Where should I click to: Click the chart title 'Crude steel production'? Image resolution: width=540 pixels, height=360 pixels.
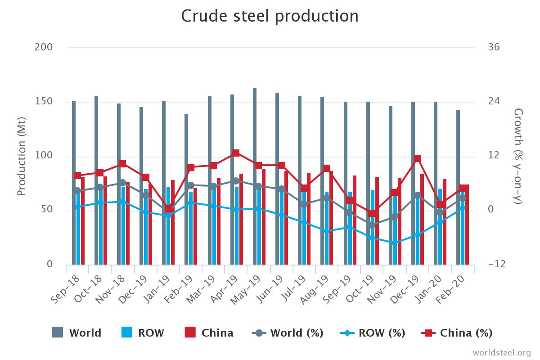click(270, 16)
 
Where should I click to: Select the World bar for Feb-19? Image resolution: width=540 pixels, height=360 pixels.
click(186, 189)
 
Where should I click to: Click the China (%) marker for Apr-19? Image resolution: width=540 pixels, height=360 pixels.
click(236, 153)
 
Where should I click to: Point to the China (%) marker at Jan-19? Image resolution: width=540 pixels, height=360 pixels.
click(168, 209)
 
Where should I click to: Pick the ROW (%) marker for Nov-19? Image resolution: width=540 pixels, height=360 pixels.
click(394, 243)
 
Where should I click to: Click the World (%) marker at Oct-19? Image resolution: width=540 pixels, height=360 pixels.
click(372, 225)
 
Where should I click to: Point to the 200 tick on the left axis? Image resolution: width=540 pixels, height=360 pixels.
click(44, 47)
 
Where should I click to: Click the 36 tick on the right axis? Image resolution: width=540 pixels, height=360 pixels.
click(494, 47)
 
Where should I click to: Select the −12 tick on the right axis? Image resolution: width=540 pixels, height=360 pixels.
click(496, 264)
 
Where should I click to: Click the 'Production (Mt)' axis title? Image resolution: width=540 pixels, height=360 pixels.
click(21, 157)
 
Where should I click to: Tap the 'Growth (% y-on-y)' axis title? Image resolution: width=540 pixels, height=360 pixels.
click(518, 156)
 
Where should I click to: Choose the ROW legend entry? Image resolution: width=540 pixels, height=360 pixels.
click(143, 333)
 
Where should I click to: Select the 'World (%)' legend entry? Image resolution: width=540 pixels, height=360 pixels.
click(288, 333)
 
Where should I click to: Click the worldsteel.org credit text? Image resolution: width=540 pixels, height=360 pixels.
click(501, 352)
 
